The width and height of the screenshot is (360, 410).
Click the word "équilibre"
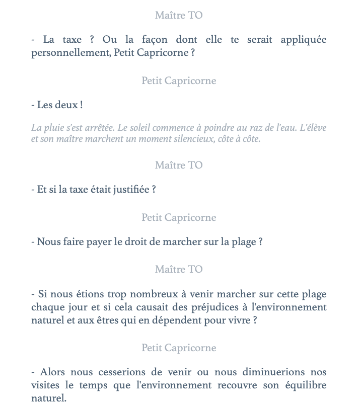point(303,385)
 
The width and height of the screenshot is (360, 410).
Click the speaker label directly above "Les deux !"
point(179,80)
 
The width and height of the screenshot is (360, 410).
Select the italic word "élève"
point(313,128)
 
